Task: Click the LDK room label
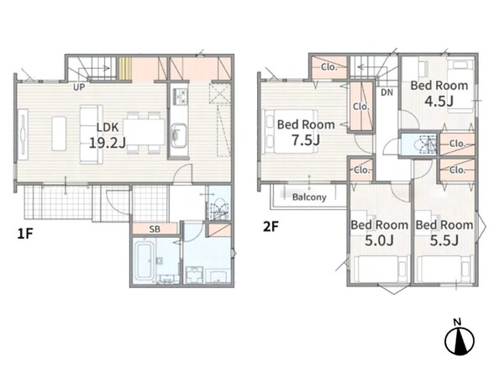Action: coord(108,128)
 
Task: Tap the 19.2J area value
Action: coord(108,143)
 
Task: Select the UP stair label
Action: coord(79,87)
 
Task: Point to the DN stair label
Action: coord(387,92)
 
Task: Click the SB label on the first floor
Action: coord(155,229)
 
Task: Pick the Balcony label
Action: coord(309,197)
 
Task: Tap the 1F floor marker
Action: coord(25,234)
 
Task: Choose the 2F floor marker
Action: coord(271,227)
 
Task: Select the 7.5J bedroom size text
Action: coord(306,140)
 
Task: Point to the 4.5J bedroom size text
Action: coord(439,101)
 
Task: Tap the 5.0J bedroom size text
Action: coord(379,240)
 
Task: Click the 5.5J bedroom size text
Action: coord(444,240)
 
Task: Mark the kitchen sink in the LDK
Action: coord(179,135)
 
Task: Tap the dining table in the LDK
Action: coord(144,132)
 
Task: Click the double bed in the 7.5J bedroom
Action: coord(290,131)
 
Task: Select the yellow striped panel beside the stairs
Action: coord(125,69)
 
